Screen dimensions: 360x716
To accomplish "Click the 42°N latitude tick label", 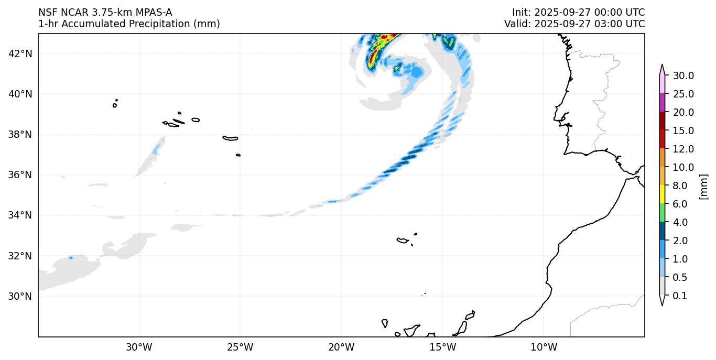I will tap(20, 53).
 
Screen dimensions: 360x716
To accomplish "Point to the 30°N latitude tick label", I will tap(20, 296).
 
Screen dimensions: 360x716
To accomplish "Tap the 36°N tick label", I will tap(20, 175).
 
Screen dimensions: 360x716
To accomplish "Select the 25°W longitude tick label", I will tap(240, 347).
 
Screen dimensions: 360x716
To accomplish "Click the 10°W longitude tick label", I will tap(544, 347).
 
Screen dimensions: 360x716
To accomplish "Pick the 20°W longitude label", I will tap(341, 347).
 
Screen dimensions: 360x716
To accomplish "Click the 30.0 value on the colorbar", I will tap(684, 75).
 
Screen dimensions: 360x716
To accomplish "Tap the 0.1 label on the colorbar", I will tap(680, 296).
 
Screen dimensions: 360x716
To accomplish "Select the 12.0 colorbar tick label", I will tap(684, 149).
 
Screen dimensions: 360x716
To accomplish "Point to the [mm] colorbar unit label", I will tap(703, 186).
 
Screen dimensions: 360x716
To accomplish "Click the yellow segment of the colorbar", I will tap(662, 194).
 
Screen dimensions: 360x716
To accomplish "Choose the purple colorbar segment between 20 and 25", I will tap(662, 103).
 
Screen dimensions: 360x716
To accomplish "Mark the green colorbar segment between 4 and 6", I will tap(662, 213).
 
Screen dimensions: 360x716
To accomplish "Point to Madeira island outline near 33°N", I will tap(403, 241).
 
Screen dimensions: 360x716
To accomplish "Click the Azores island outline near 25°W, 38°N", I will tap(230, 138).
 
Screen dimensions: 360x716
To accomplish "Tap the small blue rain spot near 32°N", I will tap(71, 257).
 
